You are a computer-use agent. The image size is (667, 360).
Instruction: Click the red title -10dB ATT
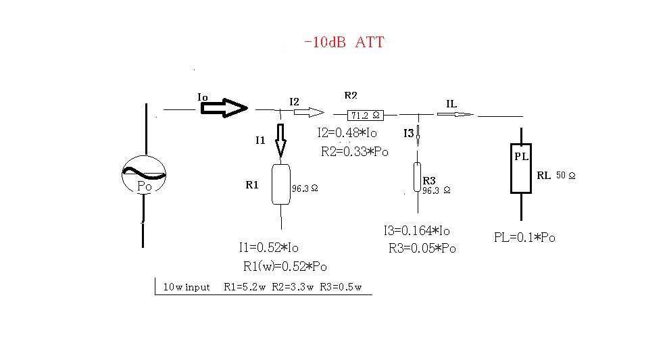[344, 42]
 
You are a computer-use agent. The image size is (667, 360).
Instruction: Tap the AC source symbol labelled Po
[144, 176]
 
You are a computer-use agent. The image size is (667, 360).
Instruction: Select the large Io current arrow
[225, 107]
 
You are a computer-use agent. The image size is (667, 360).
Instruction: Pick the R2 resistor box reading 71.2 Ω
[365, 115]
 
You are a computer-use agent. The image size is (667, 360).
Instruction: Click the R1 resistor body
[280, 184]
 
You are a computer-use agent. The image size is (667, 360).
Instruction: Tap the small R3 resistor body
[417, 177]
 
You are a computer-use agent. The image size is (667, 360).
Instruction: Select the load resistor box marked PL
[521, 168]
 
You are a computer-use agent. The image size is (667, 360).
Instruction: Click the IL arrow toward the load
[455, 115]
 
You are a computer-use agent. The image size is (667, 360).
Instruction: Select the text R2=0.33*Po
[355, 152]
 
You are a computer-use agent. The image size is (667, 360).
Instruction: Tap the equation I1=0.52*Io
[268, 247]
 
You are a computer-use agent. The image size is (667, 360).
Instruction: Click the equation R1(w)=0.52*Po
[285, 266]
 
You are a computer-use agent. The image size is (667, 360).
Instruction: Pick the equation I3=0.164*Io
[416, 231]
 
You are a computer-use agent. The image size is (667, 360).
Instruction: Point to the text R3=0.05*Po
[422, 249]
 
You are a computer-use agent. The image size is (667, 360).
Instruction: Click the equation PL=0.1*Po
[525, 238]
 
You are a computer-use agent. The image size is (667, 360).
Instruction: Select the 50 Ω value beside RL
[566, 176]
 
